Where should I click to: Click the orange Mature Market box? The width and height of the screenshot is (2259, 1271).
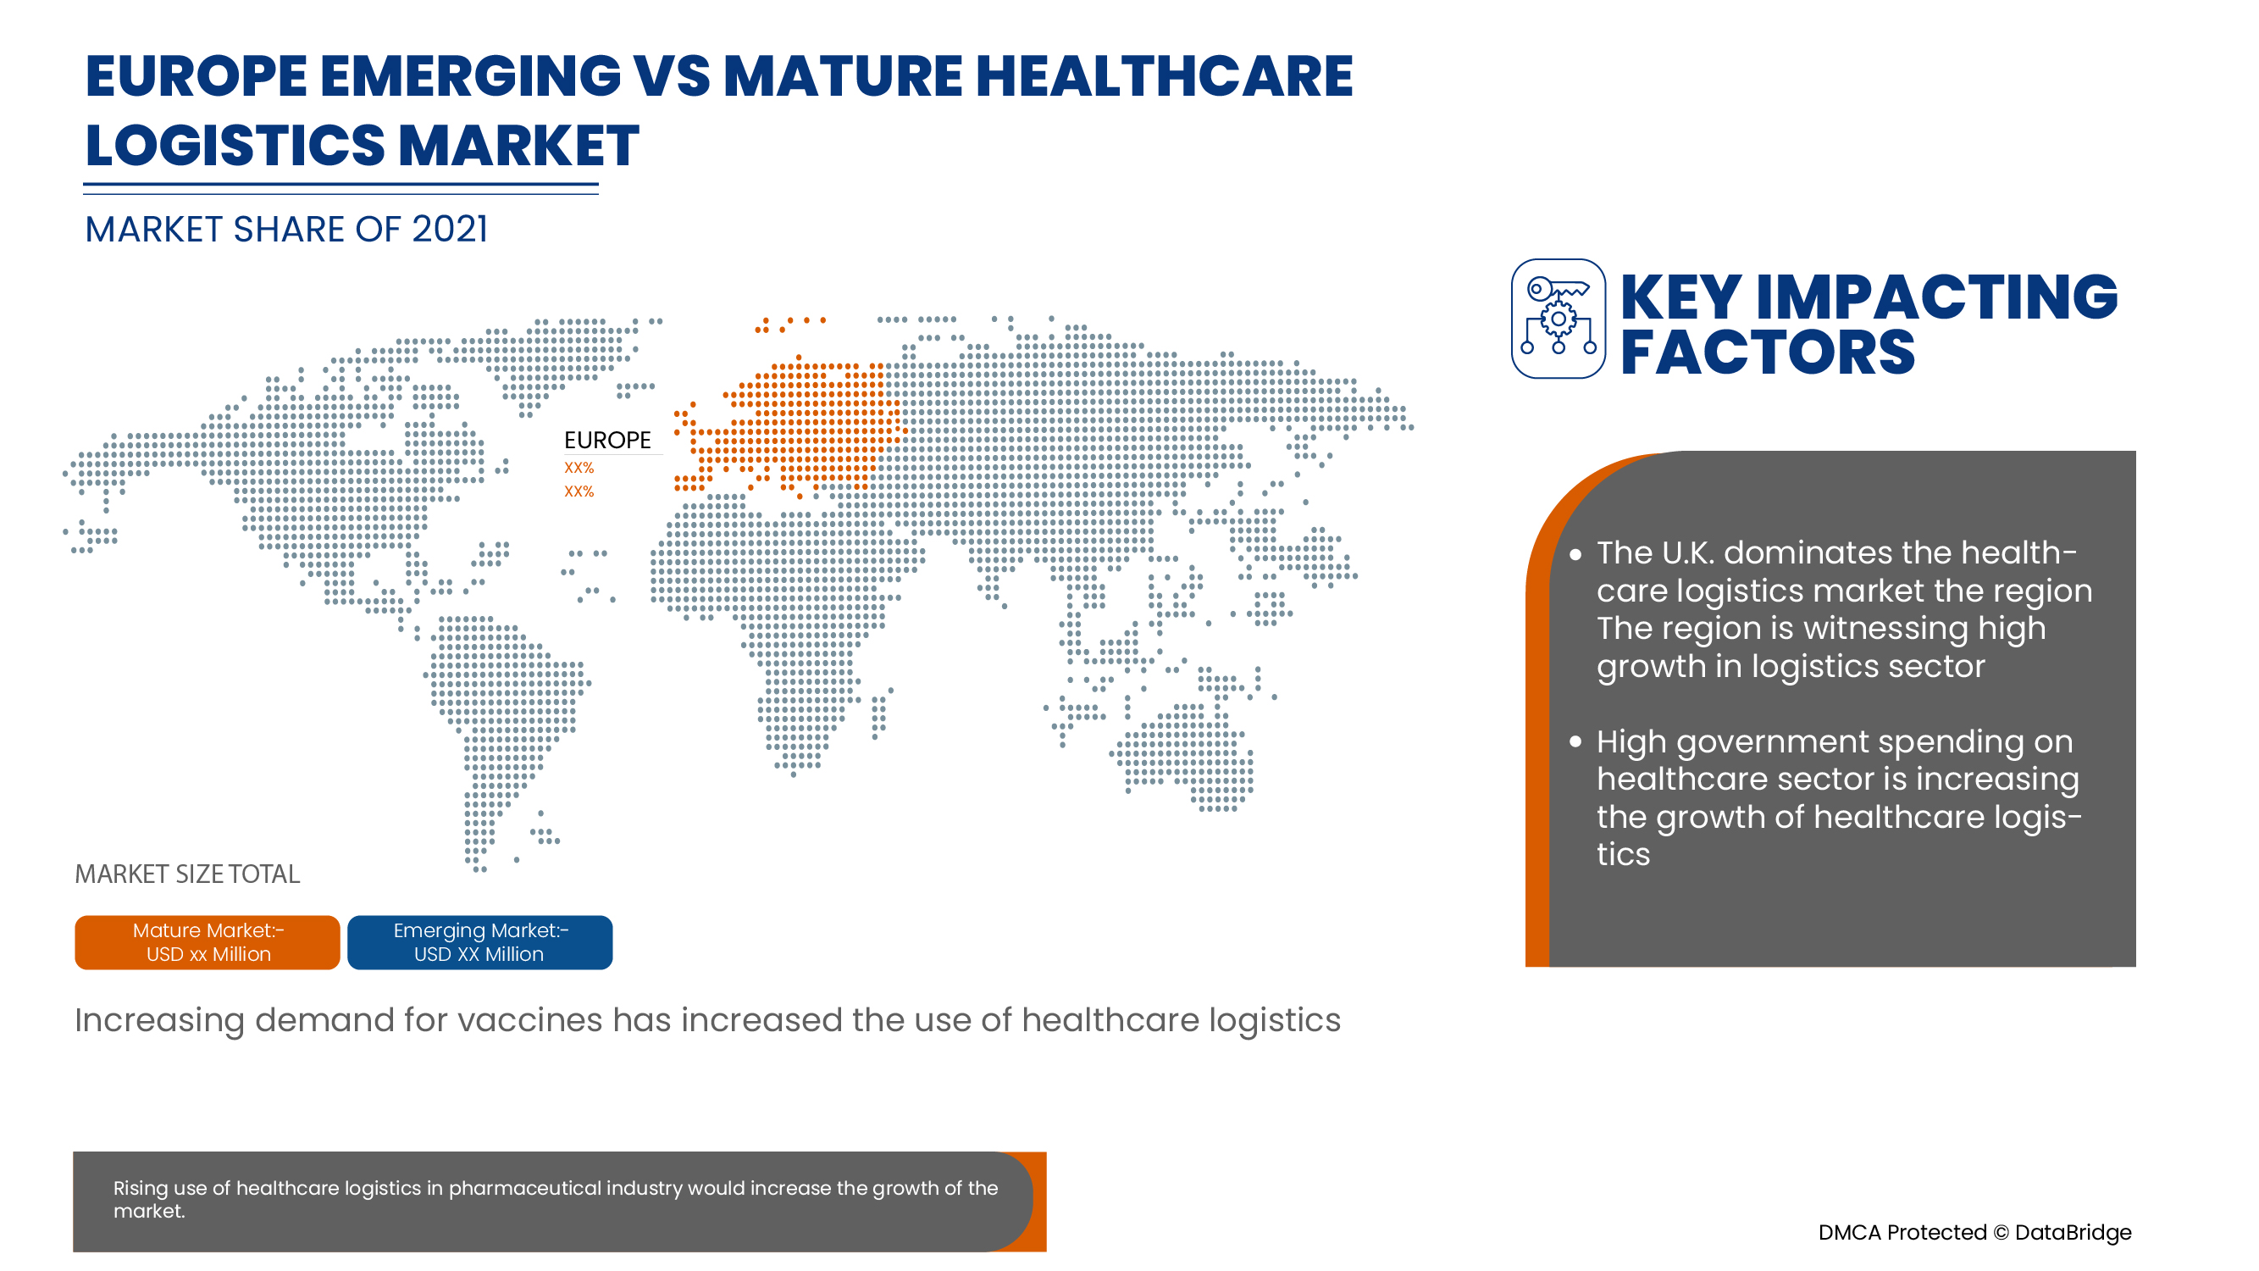pos(207,942)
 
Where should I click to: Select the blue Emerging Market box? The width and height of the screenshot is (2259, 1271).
pos(479,942)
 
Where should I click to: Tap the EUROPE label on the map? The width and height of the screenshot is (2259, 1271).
pos(606,440)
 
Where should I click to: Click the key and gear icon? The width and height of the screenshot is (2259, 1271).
pos(1558,319)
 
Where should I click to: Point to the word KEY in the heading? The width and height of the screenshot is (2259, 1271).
pos(1680,297)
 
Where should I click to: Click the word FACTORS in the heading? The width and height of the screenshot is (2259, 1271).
pos(1767,352)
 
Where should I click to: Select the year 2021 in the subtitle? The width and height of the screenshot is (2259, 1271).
pos(449,230)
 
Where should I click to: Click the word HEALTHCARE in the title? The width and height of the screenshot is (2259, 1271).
pos(1164,76)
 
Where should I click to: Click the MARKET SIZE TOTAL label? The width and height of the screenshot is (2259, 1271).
pos(187,874)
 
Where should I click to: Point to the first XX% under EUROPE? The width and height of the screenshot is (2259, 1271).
pos(579,468)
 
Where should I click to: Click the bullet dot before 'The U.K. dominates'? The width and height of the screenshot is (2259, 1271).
pos(1575,554)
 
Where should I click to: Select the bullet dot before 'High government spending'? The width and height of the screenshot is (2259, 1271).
pos(1575,742)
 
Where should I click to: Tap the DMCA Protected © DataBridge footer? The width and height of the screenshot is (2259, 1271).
pos(1974,1232)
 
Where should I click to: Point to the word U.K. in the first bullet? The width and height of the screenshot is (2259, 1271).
pos(1687,552)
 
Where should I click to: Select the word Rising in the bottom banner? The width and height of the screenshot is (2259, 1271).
pos(141,1188)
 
